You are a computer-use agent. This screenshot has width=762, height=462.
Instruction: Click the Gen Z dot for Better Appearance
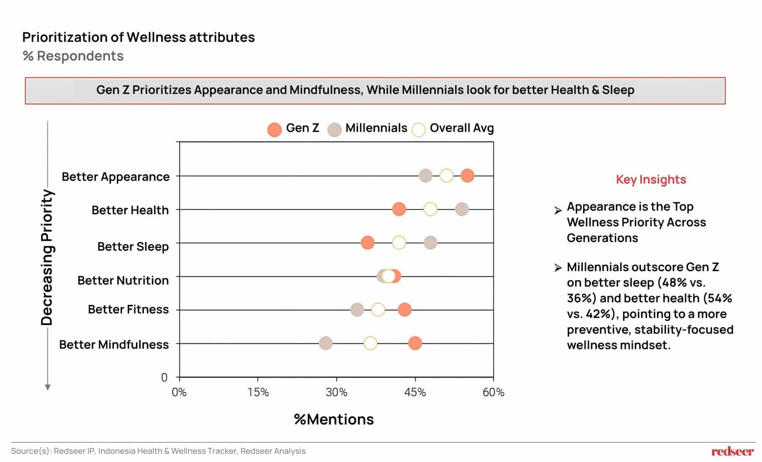pos(467,175)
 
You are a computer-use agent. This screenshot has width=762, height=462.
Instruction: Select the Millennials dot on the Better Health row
pos(461,209)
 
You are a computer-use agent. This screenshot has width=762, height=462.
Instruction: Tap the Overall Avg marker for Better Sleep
pos(399,243)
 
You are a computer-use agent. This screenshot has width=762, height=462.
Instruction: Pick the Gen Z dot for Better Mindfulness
pos(415,343)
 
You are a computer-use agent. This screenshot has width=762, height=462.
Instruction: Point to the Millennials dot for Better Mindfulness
pos(326,343)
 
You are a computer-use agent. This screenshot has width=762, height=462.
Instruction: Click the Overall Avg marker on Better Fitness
pos(378,309)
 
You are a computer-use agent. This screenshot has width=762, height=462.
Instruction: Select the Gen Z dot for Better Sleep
pos(368,243)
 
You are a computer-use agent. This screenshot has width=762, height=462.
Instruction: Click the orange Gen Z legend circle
pos(275,130)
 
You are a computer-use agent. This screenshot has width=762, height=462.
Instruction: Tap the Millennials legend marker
pos(334,130)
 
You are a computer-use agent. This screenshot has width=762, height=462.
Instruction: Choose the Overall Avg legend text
pos(461,128)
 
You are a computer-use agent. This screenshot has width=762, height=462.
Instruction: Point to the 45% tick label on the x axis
pos(415,392)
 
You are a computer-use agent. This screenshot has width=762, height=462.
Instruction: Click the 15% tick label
pos(258,392)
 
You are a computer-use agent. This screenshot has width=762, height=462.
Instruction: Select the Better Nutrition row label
pos(123,280)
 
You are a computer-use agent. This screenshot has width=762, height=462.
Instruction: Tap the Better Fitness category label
pos(128,309)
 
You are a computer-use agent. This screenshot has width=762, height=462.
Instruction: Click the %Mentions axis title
pos(334,419)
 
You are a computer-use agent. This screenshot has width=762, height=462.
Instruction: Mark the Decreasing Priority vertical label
pos(47,257)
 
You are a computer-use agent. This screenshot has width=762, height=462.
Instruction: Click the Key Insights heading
pos(651,180)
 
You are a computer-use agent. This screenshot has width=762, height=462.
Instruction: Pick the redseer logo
pos(732,451)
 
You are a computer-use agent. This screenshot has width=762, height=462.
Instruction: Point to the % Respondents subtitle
pos(73,56)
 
